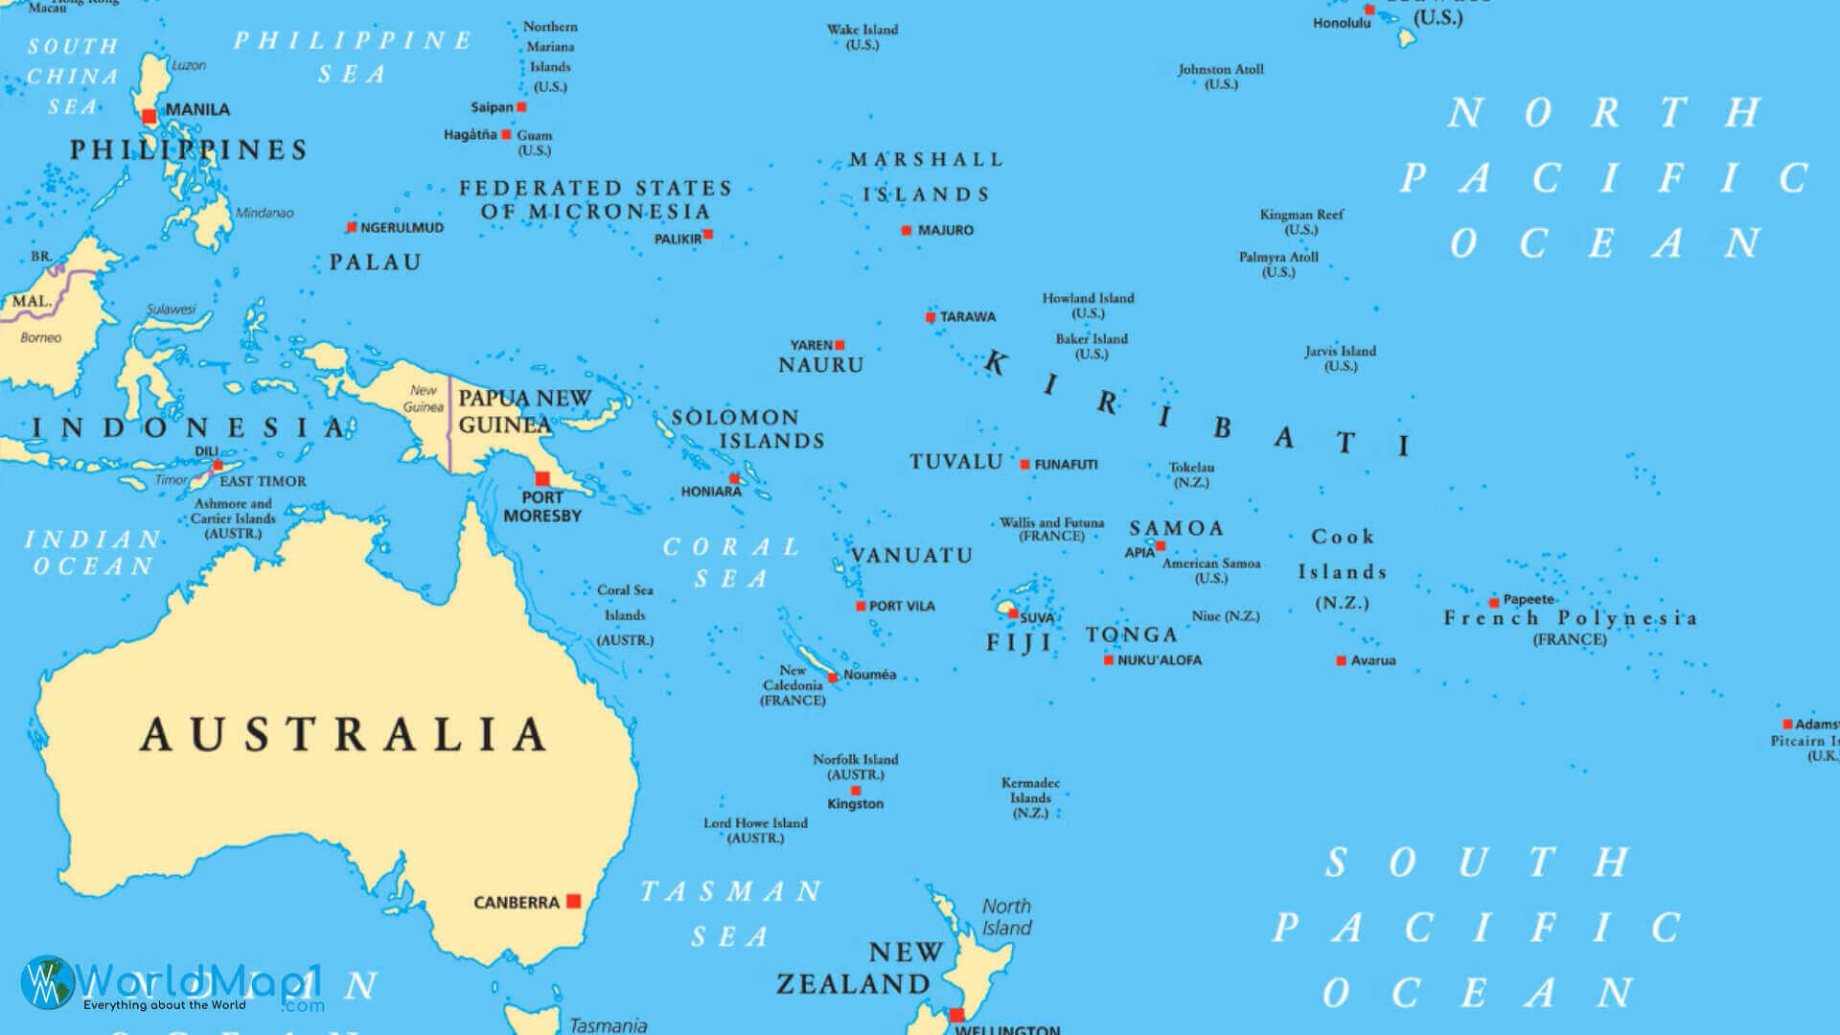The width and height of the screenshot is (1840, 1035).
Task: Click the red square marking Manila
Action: tap(149, 117)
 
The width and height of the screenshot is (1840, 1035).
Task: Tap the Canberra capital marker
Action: tap(573, 901)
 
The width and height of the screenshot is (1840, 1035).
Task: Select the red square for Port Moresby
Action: tap(542, 478)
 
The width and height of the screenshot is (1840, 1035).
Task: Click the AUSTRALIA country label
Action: tap(343, 735)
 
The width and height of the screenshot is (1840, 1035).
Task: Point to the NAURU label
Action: tap(820, 365)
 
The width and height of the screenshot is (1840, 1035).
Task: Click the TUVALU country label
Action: tap(955, 462)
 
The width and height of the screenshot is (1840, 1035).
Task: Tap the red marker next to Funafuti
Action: tap(1024, 465)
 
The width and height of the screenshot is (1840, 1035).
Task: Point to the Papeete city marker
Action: tap(1494, 603)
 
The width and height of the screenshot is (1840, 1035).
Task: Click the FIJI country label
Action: tap(1020, 643)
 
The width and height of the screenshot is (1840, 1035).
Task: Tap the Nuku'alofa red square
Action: tap(1109, 660)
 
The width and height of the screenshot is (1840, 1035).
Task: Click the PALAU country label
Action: tap(375, 263)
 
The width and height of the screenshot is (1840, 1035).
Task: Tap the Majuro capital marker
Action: tap(906, 231)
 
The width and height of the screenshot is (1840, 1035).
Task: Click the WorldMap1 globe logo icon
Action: tap(47, 981)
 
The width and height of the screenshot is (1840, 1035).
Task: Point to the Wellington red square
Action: tap(956, 1015)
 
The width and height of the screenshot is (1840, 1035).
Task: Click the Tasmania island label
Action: tap(608, 1025)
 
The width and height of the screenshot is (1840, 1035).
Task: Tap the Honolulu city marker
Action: tap(1369, 11)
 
